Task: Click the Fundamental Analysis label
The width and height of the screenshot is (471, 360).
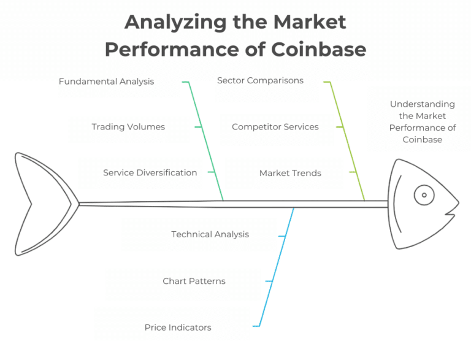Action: pyautogui.click(x=106, y=81)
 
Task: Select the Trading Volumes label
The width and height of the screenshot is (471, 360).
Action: pyautogui.click(x=128, y=127)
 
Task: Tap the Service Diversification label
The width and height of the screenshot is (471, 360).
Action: pyautogui.click(x=150, y=173)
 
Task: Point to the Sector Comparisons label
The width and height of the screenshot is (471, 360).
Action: pyautogui.click(x=260, y=80)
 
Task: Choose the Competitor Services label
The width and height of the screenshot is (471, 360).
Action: pyautogui.click(x=275, y=127)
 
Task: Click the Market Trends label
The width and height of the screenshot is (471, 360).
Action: pyautogui.click(x=290, y=173)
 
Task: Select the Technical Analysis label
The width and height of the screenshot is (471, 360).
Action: pyautogui.click(x=210, y=234)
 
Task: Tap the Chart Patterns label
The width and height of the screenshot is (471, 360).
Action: pyautogui.click(x=194, y=281)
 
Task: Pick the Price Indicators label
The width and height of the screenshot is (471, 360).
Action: pyautogui.click(x=178, y=327)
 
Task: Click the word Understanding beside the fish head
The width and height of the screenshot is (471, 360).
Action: pyautogui.click(x=422, y=104)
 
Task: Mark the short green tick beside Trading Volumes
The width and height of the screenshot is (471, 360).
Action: pyautogui.click(x=198, y=127)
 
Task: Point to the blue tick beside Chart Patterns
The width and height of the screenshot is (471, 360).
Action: pyautogui.click(x=269, y=281)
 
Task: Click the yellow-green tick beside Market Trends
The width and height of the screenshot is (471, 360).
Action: pyautogui.click(x=353, y=173)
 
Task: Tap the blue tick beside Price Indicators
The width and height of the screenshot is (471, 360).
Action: pyautogui.click(x=256, y=326)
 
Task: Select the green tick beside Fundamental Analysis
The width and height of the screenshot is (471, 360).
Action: pyautogui.click(x=185, y=82)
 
